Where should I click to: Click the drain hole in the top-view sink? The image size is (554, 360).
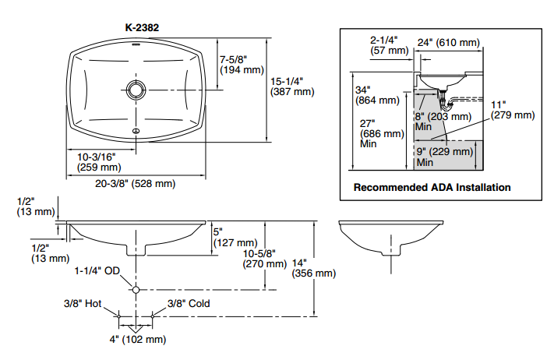coord(136,88)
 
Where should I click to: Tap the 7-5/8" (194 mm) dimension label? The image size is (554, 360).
coord(242,65)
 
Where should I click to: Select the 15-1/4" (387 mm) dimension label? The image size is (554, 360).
coord(291,86)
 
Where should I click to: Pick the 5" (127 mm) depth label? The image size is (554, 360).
coord(235,237)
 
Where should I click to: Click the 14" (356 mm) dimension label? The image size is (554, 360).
coord(312,267)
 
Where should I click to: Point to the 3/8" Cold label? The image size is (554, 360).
coord(189,304)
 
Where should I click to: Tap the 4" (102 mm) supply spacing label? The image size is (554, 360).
coord(138,339)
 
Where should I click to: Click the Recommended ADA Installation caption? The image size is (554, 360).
coord(432,187)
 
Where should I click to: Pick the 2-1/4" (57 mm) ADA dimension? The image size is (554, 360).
coord(388,44)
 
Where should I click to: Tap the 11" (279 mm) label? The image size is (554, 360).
coord(512,109)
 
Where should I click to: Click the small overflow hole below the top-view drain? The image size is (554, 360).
coord(136,130)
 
